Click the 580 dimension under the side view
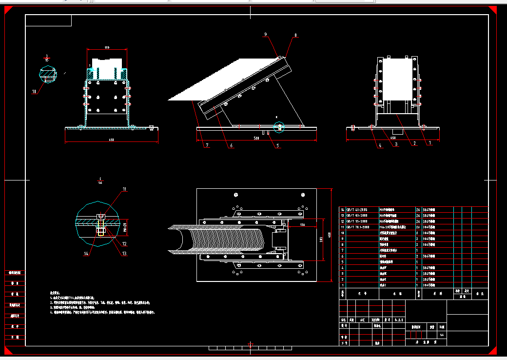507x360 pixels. pyautogui.click(x=257, y=138)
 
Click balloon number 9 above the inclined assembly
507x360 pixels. pyautogui.click(x=266, y=35)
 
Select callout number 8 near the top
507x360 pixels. pyautogui.click(x=295, y=35)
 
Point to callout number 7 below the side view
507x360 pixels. pyautogui.click(x=207, y=145)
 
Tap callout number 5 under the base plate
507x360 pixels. pyautogui.click(x=277, y=145)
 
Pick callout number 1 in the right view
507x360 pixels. pyautogui.click(x=430, y=143)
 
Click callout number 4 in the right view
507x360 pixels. pyautogui.click(x=379, y=145)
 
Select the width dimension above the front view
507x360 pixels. pyautogui.click(x=106, y=47)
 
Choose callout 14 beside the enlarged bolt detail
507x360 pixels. pyautogui.click(x=86, y=254)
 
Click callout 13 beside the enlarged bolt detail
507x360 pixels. pyautogui.click(x=124, y=253)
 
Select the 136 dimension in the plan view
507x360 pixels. pyautogui.click(x=302, y=224)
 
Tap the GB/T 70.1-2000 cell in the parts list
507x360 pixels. pyautogui.click(x=358, y=227)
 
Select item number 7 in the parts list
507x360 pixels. pyautogui.click(x=343, y=250)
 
